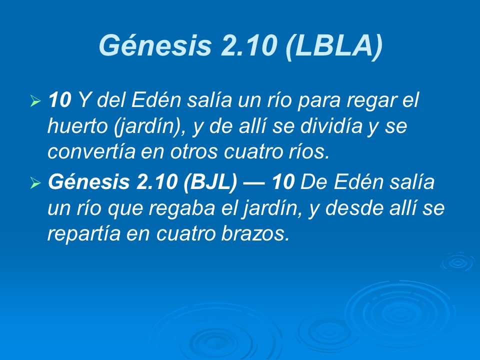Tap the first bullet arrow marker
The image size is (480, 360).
(x=35, y=102)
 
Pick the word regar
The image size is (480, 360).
(x=372, y=100)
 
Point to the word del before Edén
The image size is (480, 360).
(x=112, y=100)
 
